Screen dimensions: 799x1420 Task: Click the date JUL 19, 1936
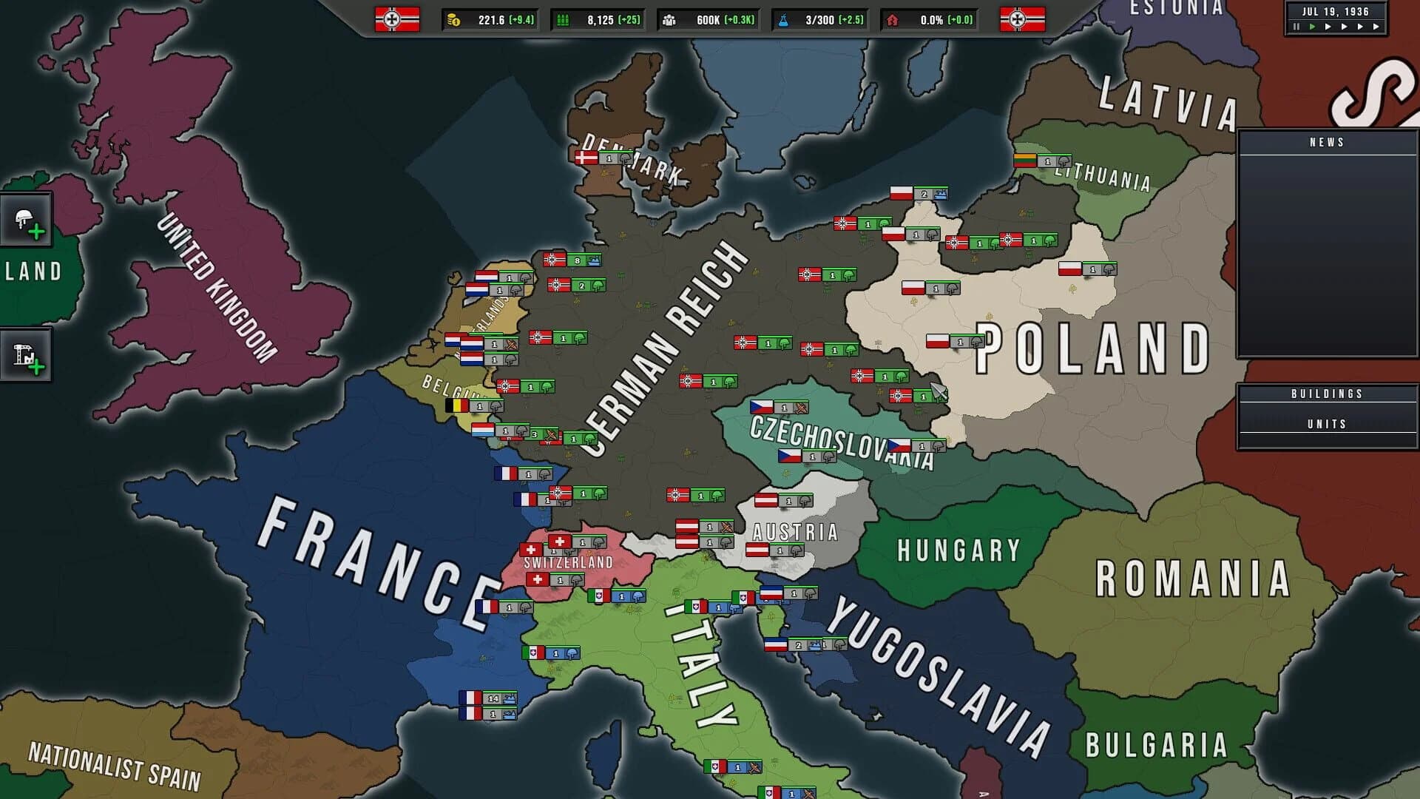1335,12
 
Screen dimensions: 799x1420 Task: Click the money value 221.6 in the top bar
490,20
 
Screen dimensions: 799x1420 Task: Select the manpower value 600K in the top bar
708,20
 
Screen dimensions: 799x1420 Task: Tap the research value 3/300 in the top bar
819,20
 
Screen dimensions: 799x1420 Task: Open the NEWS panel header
1327,142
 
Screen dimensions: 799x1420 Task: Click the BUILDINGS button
1327,394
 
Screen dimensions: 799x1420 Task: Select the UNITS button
1327,424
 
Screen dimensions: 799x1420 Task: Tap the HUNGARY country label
958,550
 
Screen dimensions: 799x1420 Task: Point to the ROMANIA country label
1192,579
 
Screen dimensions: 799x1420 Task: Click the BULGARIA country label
1156,746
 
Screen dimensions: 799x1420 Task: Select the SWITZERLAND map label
568,562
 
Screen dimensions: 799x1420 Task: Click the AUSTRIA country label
795,532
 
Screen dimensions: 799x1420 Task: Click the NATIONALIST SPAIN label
115,766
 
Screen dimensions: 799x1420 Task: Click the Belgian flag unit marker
457,405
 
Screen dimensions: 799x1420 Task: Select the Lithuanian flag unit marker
1025,161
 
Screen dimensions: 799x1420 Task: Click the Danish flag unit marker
586,158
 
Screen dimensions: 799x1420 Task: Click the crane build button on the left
26,357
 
